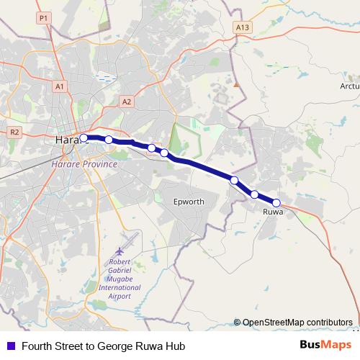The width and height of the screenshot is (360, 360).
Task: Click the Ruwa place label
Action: [x=273, y=212]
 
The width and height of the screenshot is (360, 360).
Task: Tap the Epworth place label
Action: [x=189, y=202]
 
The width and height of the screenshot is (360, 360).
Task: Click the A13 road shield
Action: [x=243, y=27]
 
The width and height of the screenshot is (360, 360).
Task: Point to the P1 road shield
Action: [x=43, y=17]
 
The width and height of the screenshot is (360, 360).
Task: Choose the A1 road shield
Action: [x=59, y=86]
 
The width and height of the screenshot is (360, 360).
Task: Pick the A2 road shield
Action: [x=127, y=102]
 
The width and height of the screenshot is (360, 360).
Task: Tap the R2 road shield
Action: [x=15, y=132]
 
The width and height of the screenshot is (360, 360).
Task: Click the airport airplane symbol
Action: [x=130, y=238]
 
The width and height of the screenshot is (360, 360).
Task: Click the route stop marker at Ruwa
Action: [x=276, y=202]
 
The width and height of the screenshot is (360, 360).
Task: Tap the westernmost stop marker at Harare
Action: [x=84, y=138]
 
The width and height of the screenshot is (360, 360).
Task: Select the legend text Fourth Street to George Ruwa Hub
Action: [x=104, y=346]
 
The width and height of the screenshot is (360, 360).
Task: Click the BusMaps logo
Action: [x=325, y=346]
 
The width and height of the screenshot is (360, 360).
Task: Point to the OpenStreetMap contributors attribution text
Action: [x=297, y=322]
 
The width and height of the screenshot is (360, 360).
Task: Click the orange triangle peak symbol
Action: [x=235, y=85]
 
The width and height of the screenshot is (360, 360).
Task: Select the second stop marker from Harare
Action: [x=109, y=140]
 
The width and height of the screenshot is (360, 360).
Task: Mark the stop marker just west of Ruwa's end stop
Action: [x=254, y=194]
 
